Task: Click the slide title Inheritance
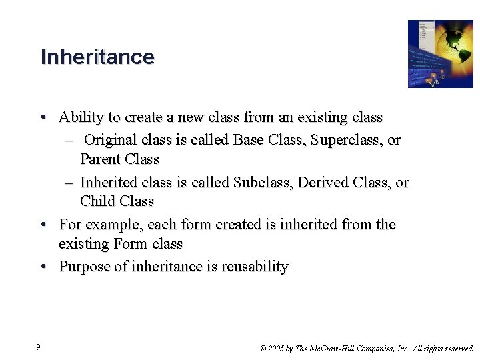coord(97,57)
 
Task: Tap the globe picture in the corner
coord(440,54)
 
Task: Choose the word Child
coord(96,201)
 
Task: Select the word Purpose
coord(84,267)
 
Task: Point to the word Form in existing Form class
coord(130,244)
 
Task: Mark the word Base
coord(247,141)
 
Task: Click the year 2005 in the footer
coord(275,348)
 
